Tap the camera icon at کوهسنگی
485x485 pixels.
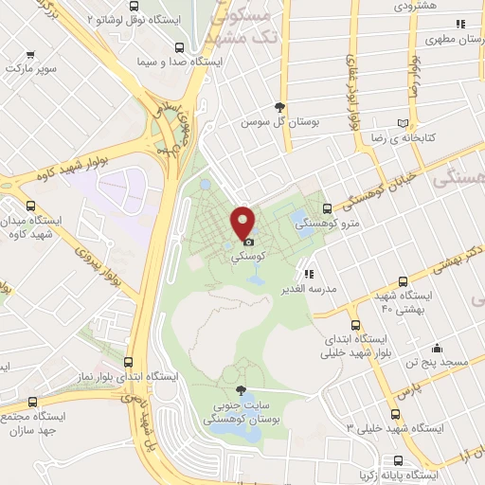pos(248,242)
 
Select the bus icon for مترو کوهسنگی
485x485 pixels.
pos(327,208)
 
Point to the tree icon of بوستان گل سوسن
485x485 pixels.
pos(279,107)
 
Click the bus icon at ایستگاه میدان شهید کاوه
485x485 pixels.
pos(32,205)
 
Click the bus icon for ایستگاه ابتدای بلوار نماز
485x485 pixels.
pos(130,361)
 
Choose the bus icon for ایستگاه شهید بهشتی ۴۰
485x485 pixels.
pos(404,281)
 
